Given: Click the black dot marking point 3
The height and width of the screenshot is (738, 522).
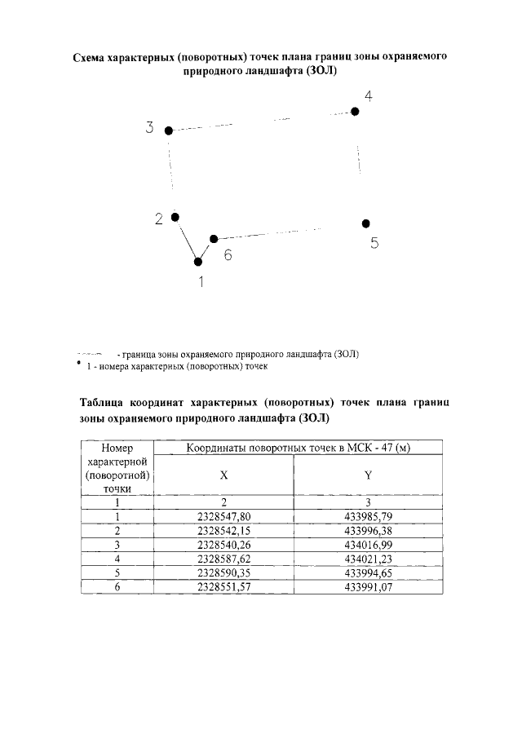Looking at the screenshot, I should coord(169,130).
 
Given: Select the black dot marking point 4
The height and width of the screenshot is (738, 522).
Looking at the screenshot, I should coord(355,112).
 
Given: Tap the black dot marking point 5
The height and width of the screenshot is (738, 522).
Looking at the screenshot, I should coord(366,223).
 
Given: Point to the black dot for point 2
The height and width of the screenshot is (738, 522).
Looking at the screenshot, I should coord(175,217).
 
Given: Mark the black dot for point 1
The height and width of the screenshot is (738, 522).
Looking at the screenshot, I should coord(198,262).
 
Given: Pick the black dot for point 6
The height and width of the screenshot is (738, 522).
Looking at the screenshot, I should coord(214,239).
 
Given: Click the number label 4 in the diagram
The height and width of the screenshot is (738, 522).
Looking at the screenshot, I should coord(369,96).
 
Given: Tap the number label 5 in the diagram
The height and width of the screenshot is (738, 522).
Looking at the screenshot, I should coord(374,242).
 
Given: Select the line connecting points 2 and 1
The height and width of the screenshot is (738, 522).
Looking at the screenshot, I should coord(187,240).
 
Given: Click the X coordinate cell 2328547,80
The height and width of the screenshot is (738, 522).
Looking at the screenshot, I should coord(223,516).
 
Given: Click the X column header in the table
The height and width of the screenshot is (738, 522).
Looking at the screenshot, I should coord(223,475).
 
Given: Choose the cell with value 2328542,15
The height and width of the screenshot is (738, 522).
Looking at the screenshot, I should coord(223,530).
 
